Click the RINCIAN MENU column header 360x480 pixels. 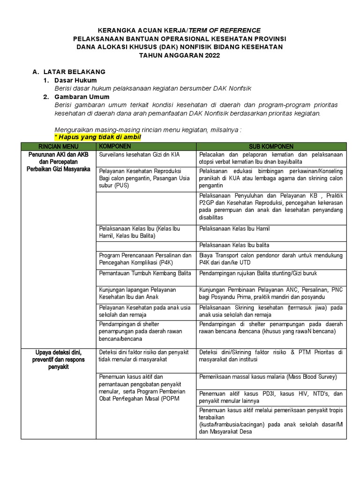tap(59, 147)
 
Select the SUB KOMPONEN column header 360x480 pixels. tap(271, 147)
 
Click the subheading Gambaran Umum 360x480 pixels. tap(82, 97)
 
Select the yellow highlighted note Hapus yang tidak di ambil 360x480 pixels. tap(97, 137)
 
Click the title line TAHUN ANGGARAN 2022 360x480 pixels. tap(180, 55)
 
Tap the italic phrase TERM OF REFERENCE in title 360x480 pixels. tap(224, 30)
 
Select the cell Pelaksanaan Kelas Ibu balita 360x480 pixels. tap(234, 245)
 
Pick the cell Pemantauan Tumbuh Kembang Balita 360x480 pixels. tap(145, 273)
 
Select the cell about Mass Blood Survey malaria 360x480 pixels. tap(268, 377)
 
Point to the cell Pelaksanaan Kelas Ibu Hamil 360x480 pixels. tap(234, 229)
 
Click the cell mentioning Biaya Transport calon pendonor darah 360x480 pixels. tap(271, 259)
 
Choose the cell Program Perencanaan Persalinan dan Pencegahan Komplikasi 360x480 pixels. tap(145, 259)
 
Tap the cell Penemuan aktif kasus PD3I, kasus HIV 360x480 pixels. tap(271, 397)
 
